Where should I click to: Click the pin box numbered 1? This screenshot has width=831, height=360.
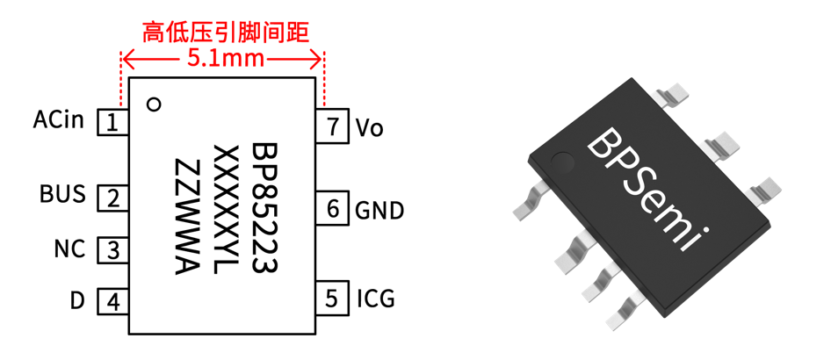[112, 122]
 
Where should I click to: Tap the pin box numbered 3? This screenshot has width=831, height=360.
[112, 250]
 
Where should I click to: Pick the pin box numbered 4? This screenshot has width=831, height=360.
[112, 302]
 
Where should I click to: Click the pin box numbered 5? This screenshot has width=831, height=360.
[331, 298]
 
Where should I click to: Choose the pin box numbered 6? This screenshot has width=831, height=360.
[331, 209]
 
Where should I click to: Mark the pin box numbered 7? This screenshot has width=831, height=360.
[331, 126]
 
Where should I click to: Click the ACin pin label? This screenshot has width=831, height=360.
[59, 119]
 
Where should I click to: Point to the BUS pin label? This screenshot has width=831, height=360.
[63, 194]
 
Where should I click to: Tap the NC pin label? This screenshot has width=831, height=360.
[69, 249]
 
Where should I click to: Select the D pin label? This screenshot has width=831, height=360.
[77, 301]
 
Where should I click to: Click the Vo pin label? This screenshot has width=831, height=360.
[370, 127]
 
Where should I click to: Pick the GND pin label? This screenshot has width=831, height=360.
[379, 211]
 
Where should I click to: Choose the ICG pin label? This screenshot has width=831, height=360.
[375, 299]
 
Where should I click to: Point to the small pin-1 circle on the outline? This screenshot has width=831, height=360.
[154, 104]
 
